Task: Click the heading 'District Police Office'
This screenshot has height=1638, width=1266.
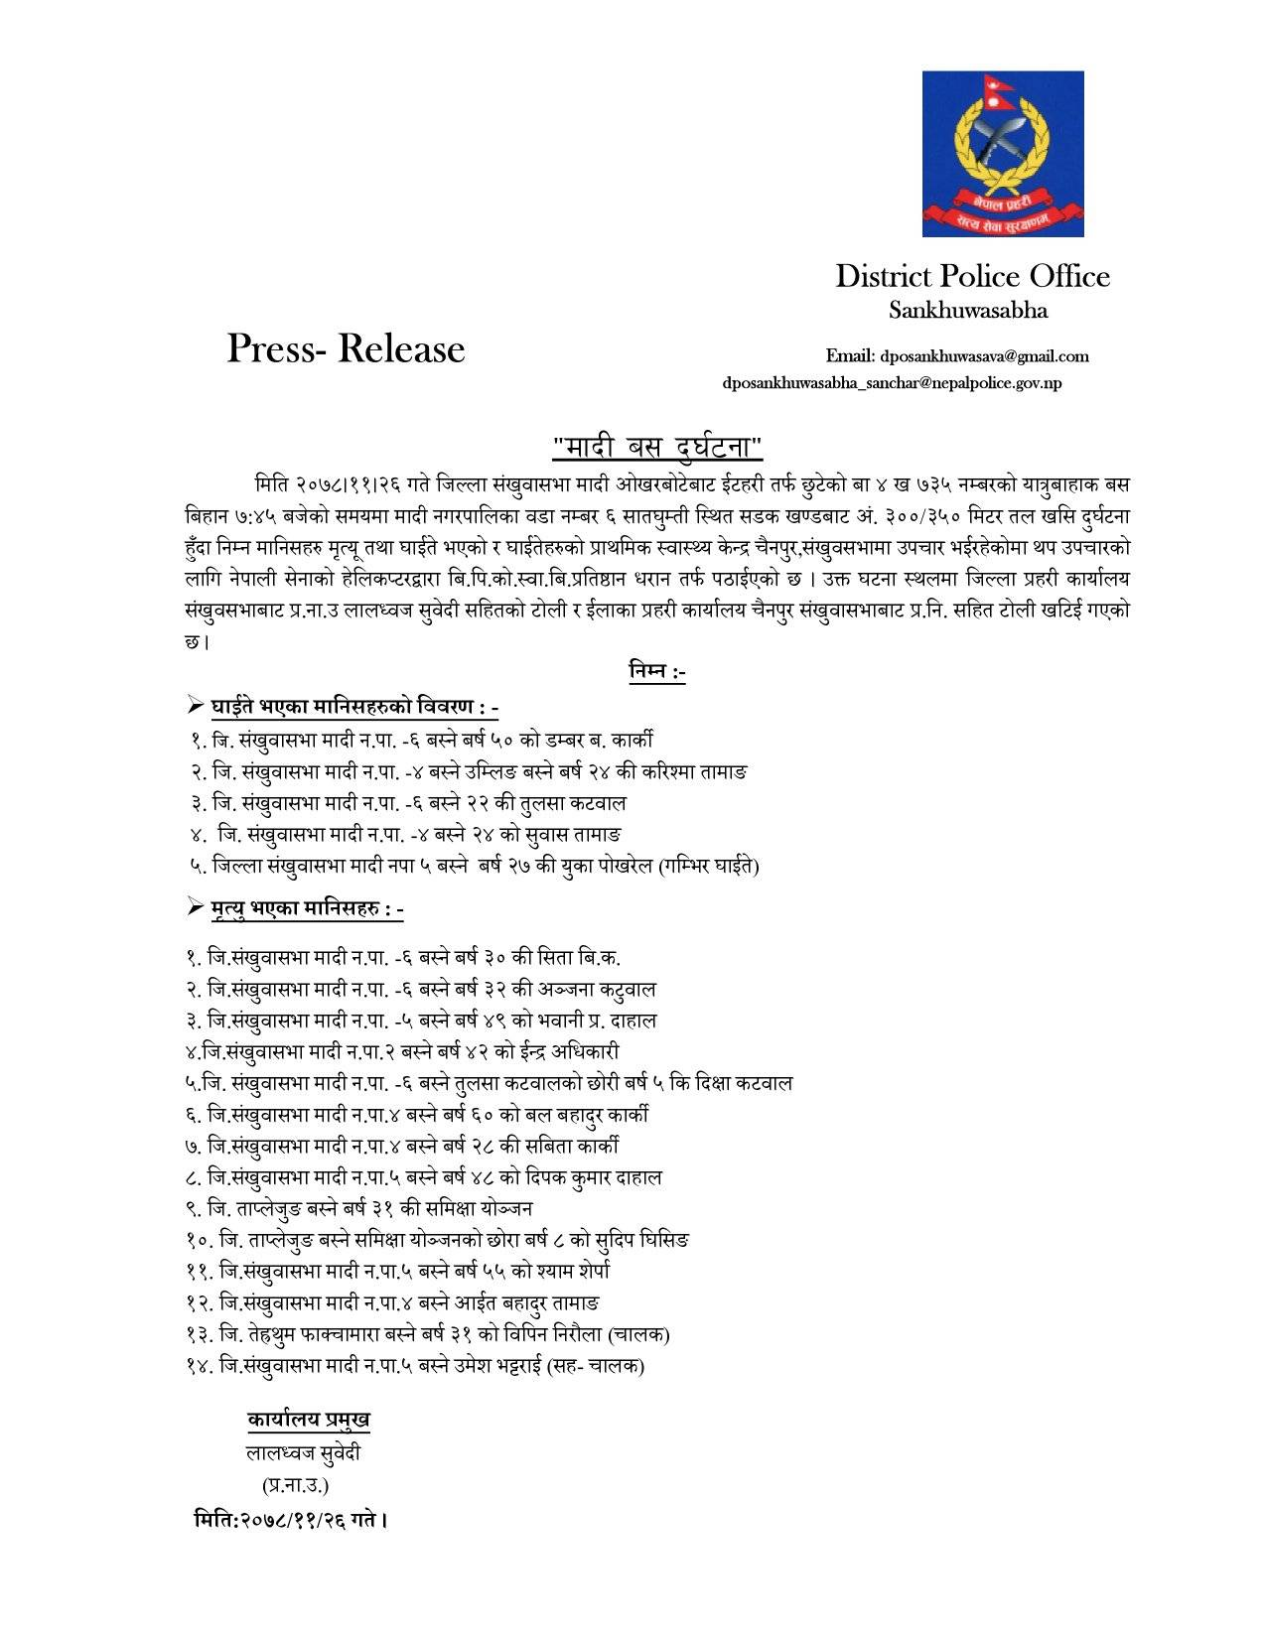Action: pyautogui.click(x=972, y=276)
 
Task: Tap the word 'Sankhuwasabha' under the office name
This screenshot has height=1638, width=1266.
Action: pyautogui.click(x=967, y=311)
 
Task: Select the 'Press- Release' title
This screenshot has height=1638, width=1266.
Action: pyautogui.click(x=346, y=348)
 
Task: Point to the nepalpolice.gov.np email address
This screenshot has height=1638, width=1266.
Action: pyautogui.click(x=892, y=382)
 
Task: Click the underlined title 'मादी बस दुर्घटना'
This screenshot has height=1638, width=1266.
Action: pyautogui.click(x=657, y=447)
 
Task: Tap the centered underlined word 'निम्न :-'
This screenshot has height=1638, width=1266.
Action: pyautogui.click(x=657, y=672)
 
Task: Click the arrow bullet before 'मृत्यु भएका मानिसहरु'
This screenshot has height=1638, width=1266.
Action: pyautogui.click(x=195, y=908)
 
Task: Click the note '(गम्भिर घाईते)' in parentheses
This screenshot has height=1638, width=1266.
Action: pyautogui.click(x=708, y=867)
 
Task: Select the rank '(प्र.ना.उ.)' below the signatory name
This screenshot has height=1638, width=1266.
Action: pyautogui.click(x=295, y=1485)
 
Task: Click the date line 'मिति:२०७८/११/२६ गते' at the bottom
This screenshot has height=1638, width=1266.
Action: pyautogui.click(x=289, y=1519)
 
